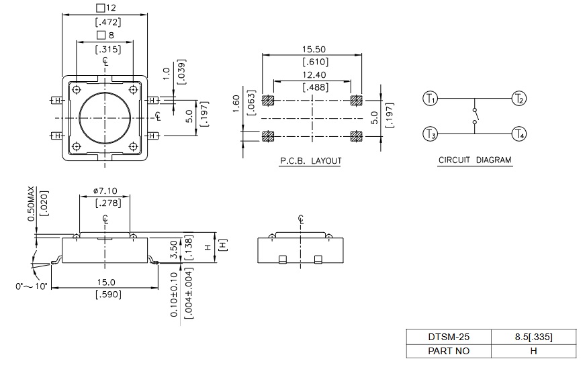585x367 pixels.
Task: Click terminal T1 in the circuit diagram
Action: [430, 99]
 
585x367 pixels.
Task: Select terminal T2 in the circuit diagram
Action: [519, 99]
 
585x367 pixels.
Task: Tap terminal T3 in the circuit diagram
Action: [430, 135]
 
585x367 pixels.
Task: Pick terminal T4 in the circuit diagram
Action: [519, 135]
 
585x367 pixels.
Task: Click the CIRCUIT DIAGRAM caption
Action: [475, 160]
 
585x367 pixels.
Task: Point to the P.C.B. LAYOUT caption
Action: [311, 161]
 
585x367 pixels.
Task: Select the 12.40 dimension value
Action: [313, 76]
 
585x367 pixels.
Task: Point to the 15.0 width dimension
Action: [106, 282]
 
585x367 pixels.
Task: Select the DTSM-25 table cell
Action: [448, 337]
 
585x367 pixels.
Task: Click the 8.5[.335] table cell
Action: [533, 337]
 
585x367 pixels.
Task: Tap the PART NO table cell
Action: [448, 351]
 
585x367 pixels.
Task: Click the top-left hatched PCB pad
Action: [269, 101]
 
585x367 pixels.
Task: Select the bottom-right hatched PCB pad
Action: [356, 136]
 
